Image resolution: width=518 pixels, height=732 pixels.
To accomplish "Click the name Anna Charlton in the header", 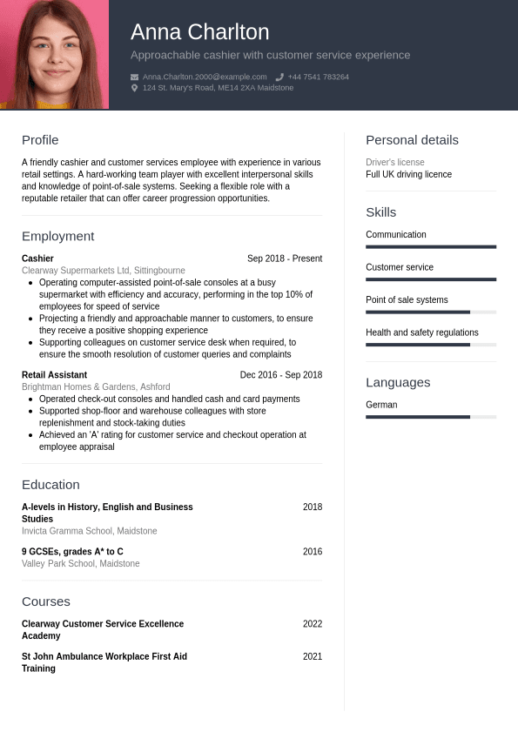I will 199,32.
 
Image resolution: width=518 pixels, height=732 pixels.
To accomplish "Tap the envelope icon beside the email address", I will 134,77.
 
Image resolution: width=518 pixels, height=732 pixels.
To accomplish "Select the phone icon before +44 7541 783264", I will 279,77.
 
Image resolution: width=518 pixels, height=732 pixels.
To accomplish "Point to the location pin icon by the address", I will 134,88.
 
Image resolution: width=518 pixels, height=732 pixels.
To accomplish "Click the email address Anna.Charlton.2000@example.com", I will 205,77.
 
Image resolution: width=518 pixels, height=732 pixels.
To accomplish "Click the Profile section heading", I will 40,140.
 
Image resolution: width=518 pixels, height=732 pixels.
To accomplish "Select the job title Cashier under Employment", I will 37,259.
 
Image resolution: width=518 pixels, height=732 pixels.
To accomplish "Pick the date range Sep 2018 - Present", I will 284,259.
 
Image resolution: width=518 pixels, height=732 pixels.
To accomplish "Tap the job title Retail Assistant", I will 54,375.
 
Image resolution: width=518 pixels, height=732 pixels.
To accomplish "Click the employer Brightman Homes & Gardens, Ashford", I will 96,386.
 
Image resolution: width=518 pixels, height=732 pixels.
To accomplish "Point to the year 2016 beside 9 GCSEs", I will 312,552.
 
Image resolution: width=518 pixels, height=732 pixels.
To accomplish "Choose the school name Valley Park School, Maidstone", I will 80,563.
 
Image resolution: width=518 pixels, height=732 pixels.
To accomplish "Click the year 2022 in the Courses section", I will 312,624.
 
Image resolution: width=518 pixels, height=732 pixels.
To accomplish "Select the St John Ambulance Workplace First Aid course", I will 104,662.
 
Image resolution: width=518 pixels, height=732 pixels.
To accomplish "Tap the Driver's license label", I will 394,163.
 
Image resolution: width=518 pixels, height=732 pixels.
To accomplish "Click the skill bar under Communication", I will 430,247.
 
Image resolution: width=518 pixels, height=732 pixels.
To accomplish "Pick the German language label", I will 381,405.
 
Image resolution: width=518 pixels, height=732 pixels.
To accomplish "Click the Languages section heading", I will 398,382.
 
